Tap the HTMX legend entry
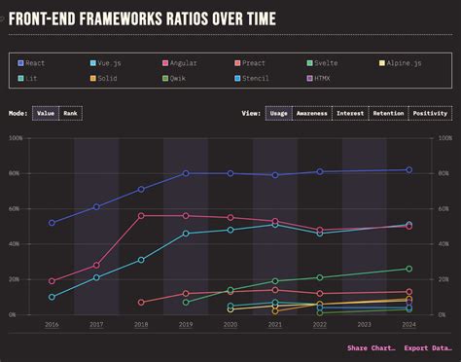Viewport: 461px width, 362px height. pos(321,77)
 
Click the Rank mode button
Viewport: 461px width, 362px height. pos(70,113)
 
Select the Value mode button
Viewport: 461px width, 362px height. pos(46,113)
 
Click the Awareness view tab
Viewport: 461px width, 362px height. pos(311,113)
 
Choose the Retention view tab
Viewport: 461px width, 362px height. pos(389,113)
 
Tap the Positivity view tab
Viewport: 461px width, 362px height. pos(430,113)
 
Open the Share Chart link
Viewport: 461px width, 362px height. pos(370,347)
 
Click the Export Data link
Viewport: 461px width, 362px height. pos(428,347)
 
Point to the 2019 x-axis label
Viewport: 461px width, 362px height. pos(186,324)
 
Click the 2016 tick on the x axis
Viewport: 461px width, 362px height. pos(52,324)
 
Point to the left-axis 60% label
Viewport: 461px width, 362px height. pos(17,209)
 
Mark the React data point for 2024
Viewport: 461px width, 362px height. pos(408,170)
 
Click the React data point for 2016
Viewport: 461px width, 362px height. pos(52,223)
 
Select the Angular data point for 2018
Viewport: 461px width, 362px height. pos(141,216)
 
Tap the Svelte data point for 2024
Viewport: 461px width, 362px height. pos(408,269)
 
